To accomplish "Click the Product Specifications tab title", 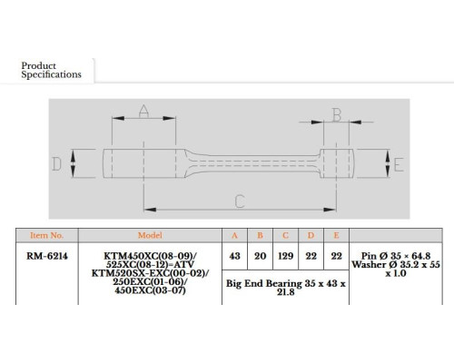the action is click(x=51, y=70).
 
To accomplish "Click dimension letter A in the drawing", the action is click(x=143, y=112).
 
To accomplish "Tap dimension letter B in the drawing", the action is click(x=337, y=115).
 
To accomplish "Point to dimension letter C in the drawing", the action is click(x=240, y=201).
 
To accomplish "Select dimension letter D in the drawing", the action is click(x=56, y=164).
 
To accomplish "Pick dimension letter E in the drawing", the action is click(x=399, y=165).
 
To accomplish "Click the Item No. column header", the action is click(x=47, y=235).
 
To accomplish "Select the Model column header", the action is click(x=150, y=235).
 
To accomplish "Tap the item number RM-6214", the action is click(x=47, y=256).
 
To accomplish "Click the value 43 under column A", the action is click(x=234, y=256).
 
